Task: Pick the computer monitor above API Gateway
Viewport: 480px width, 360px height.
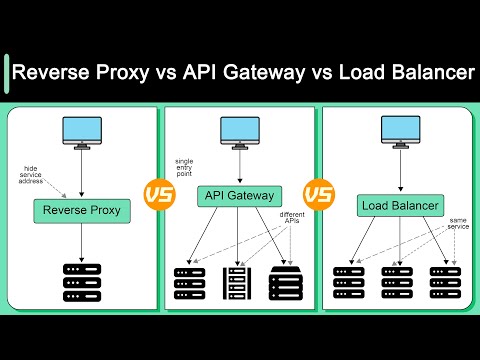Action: pyautogui.click(x=239, y=130)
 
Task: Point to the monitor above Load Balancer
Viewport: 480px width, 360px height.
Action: pyautogui.click(x=399, y=131)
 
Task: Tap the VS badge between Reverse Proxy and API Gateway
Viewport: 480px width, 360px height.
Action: pyautogui.click(x=160, y=192)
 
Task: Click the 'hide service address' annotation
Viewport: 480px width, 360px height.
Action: pyautogui.click(x=39, y=176)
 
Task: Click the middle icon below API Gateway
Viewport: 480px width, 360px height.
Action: pyautogui.click(x=239, y=282)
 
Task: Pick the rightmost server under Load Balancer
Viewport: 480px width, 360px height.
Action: pyautogui.click(x=443, y=283)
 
